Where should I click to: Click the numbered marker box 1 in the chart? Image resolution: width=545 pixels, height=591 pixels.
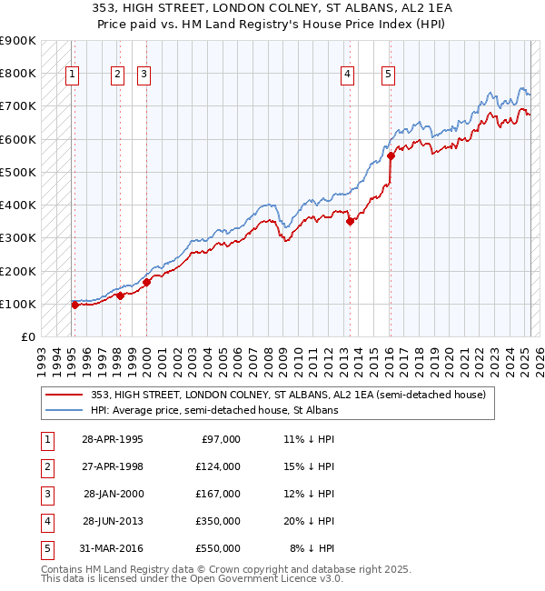pyautogui.click(x=72, y=75)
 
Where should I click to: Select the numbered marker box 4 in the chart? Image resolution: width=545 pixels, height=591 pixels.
pyautogui.click(x=348, y=75)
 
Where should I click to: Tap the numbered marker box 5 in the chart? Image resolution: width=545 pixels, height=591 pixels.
pyautogui.click(x=389, y=75)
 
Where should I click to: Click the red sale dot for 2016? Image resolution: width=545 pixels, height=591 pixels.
pyautogui.click(x=391, y=155)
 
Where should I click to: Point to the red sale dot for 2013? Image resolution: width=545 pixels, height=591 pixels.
pyautogui.click(x=350, y=221)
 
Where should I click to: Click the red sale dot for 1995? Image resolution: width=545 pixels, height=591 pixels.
pyautogui.click(x=74, y=305)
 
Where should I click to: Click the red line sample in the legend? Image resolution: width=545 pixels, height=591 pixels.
pyautogui.click(x=64, y=396)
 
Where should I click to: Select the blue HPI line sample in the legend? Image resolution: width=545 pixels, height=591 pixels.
pyautogui.click(x=64, y=411)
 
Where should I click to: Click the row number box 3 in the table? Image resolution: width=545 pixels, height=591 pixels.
pyautogui.click(x=46, y=494)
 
